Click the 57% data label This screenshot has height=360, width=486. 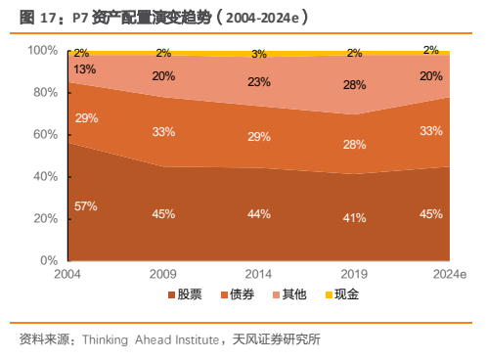pos(86,206)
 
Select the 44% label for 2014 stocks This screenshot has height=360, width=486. pos(259,214)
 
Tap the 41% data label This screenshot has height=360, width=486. pos(354,218)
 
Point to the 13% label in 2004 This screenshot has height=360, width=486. pos(84,69)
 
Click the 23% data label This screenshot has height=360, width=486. pos(259,82)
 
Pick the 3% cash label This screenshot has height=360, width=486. pos(259,54)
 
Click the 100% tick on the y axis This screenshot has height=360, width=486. pos(43,51)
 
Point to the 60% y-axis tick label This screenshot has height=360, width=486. pos(46,134)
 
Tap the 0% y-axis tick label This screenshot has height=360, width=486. pos(49,260)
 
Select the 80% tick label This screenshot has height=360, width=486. pos(46,92)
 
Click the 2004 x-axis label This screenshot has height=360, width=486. pos(67,274)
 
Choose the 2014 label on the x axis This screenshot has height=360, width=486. pos(258,274)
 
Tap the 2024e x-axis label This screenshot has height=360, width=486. pos(450,274)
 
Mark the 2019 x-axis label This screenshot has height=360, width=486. pos(354,274)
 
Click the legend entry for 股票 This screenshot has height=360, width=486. pos(185,294)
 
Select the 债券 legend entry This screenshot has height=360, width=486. pos(238,294)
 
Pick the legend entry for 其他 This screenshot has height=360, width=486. pos(289,294)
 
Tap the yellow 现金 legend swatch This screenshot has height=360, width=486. pos(329,295)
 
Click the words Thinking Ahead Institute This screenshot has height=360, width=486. pos(151,339)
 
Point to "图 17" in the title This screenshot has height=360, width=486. pos(37,18)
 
